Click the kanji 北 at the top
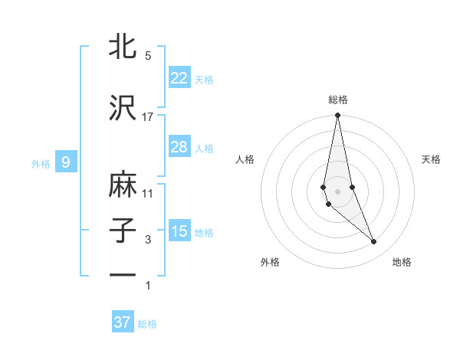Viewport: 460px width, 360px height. tap(123, 47)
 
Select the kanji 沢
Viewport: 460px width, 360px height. tap(123, 108)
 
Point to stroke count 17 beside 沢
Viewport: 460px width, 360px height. tap(148, 117)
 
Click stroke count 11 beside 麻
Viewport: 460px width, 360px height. tap(148, 194)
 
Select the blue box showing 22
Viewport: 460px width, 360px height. tap(179, 78)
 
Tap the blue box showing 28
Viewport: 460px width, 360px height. tap(179, 147)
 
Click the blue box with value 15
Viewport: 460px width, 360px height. tap(179, 231)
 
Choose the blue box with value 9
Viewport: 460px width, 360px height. tap(66, 162)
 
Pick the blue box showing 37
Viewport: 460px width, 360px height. tap(122, 322)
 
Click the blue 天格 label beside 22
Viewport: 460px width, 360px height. tap(204, 79)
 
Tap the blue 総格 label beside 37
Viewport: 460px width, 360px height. tap(147, 324)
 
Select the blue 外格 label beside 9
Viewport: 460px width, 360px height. tap(41, 163)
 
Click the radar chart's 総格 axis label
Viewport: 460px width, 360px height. tap(337, 100)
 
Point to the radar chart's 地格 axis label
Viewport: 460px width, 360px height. tap(402, 262)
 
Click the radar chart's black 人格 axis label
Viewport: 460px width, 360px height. tap(245, 159)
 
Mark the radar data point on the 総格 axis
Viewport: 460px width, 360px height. tap(337, 116)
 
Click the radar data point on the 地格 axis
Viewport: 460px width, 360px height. tap(374, 242)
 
